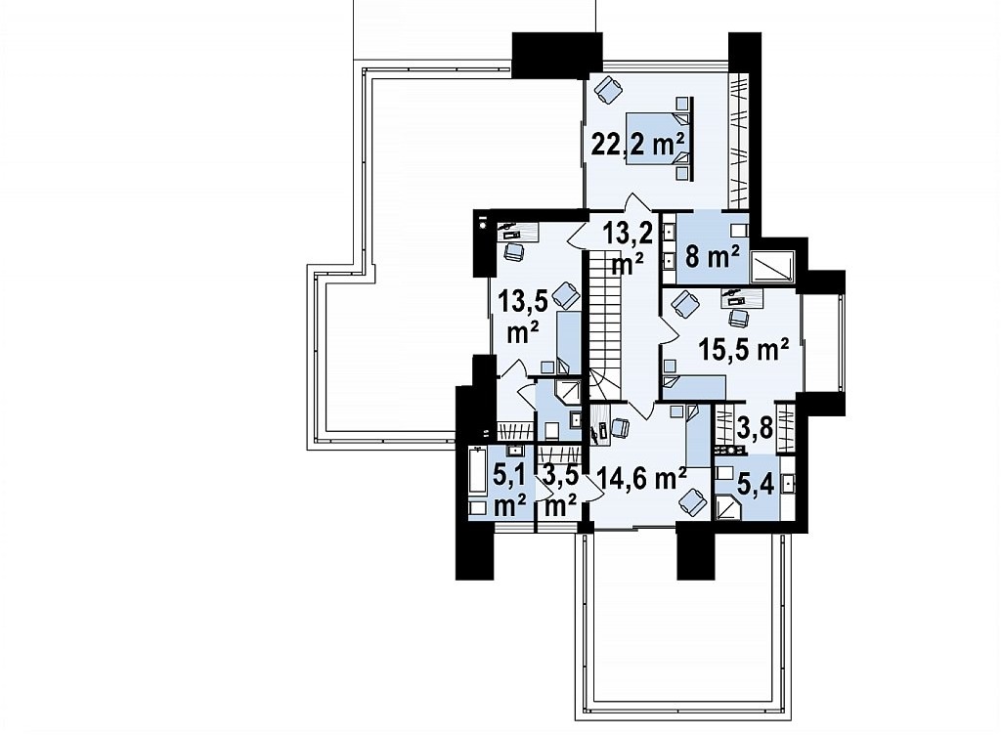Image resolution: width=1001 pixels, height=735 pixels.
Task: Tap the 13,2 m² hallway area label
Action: click(629, 249)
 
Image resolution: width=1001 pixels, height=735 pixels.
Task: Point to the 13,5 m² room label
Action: click(523, 316)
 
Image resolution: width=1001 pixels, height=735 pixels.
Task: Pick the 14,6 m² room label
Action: click(641, 477)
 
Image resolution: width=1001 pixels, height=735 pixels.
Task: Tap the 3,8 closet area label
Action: click(756, 428)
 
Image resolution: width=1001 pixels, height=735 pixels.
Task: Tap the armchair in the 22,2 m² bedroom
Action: click(607, 89)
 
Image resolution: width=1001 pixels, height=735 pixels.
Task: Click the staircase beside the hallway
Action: click(604, 326)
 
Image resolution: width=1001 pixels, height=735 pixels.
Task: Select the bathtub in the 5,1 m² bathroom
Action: click(477, 471)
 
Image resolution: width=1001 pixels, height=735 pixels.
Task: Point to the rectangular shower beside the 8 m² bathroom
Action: click(772, 266)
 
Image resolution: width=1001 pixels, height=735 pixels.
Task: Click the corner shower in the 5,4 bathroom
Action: click(727, 508)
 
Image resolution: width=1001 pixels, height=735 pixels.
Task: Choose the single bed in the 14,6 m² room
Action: click(696, 435)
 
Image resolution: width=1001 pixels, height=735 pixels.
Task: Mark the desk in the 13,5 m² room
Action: click(518, 231)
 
